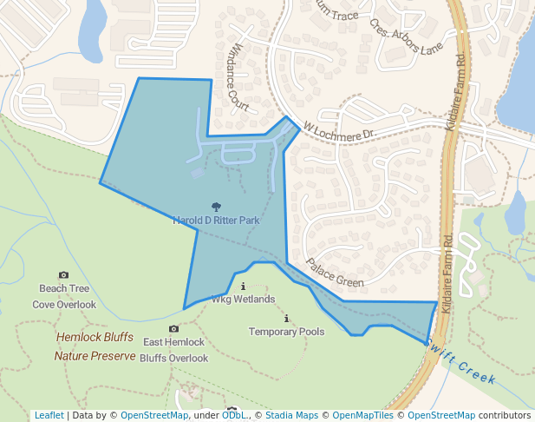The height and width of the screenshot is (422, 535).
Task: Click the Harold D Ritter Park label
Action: (x=217, y=221)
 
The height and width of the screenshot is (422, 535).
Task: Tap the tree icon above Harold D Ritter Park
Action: (x=216, y=207)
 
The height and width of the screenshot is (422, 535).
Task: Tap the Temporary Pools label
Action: (x=286, y=332)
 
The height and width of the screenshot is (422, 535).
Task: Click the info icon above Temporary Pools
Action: (x=286, y=319)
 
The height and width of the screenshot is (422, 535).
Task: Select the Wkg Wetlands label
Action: (x=244, y=300)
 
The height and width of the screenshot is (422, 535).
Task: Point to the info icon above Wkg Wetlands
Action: (x=243, y=286)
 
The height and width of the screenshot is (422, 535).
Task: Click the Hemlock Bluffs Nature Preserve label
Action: (x=95, y=346)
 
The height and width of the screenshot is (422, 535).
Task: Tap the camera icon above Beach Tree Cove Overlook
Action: (x=63, y=274)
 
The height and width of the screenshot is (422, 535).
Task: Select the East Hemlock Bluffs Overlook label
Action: (x=173, y=350)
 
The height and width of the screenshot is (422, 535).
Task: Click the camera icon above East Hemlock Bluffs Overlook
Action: (x=173, y=328)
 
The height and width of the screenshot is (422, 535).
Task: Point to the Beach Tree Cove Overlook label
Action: (x=64, y=296)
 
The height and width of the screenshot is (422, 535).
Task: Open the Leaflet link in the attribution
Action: (x=49, y=415)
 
